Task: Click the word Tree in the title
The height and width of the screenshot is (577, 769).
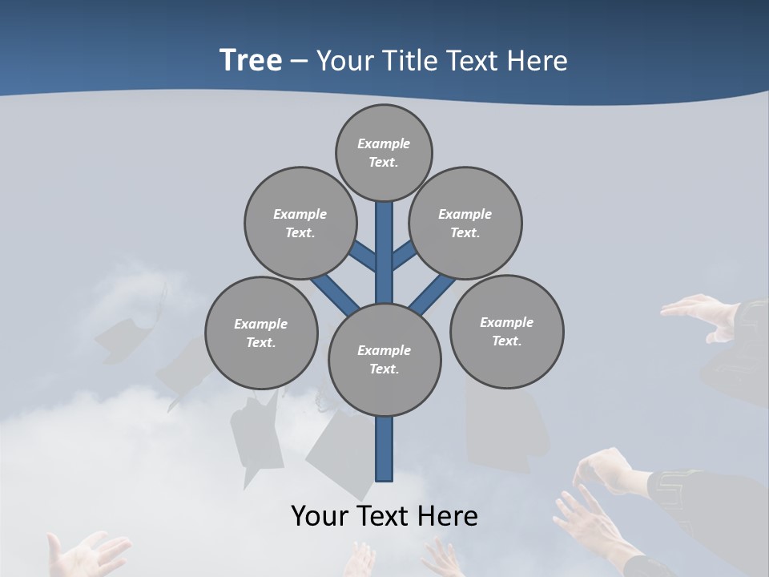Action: coord(251,61)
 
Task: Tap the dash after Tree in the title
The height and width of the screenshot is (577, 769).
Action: coord(300,62)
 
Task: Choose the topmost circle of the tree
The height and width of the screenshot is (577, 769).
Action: coord(384,152)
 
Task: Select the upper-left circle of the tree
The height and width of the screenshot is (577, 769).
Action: coord(300,223)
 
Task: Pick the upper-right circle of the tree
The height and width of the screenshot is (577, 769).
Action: coord(465,223)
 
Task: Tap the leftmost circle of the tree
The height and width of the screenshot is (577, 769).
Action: coord(261,333)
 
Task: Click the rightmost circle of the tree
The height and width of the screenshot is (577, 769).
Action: coord(506,331)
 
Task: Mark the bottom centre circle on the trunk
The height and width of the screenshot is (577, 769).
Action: coord(384,360)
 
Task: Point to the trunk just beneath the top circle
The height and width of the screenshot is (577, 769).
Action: coord(384,220)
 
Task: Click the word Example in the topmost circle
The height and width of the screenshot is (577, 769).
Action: coord(384,143)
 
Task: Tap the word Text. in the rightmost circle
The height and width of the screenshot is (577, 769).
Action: coord(506,341)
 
